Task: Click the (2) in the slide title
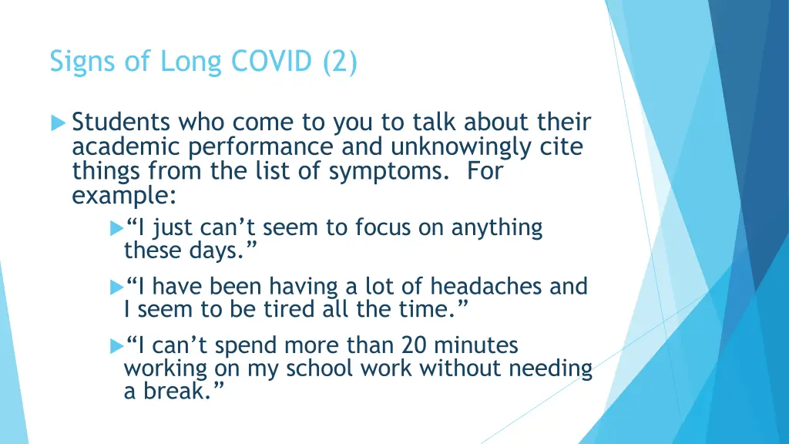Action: (x=338, y=62)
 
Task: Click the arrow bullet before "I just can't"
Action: (x=116, y=228)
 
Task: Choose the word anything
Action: (x=504, y=228)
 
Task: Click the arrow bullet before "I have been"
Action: (x=116, y=288)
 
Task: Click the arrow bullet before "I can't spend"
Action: (x=116, y=346)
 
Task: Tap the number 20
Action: (x=402, y=346)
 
